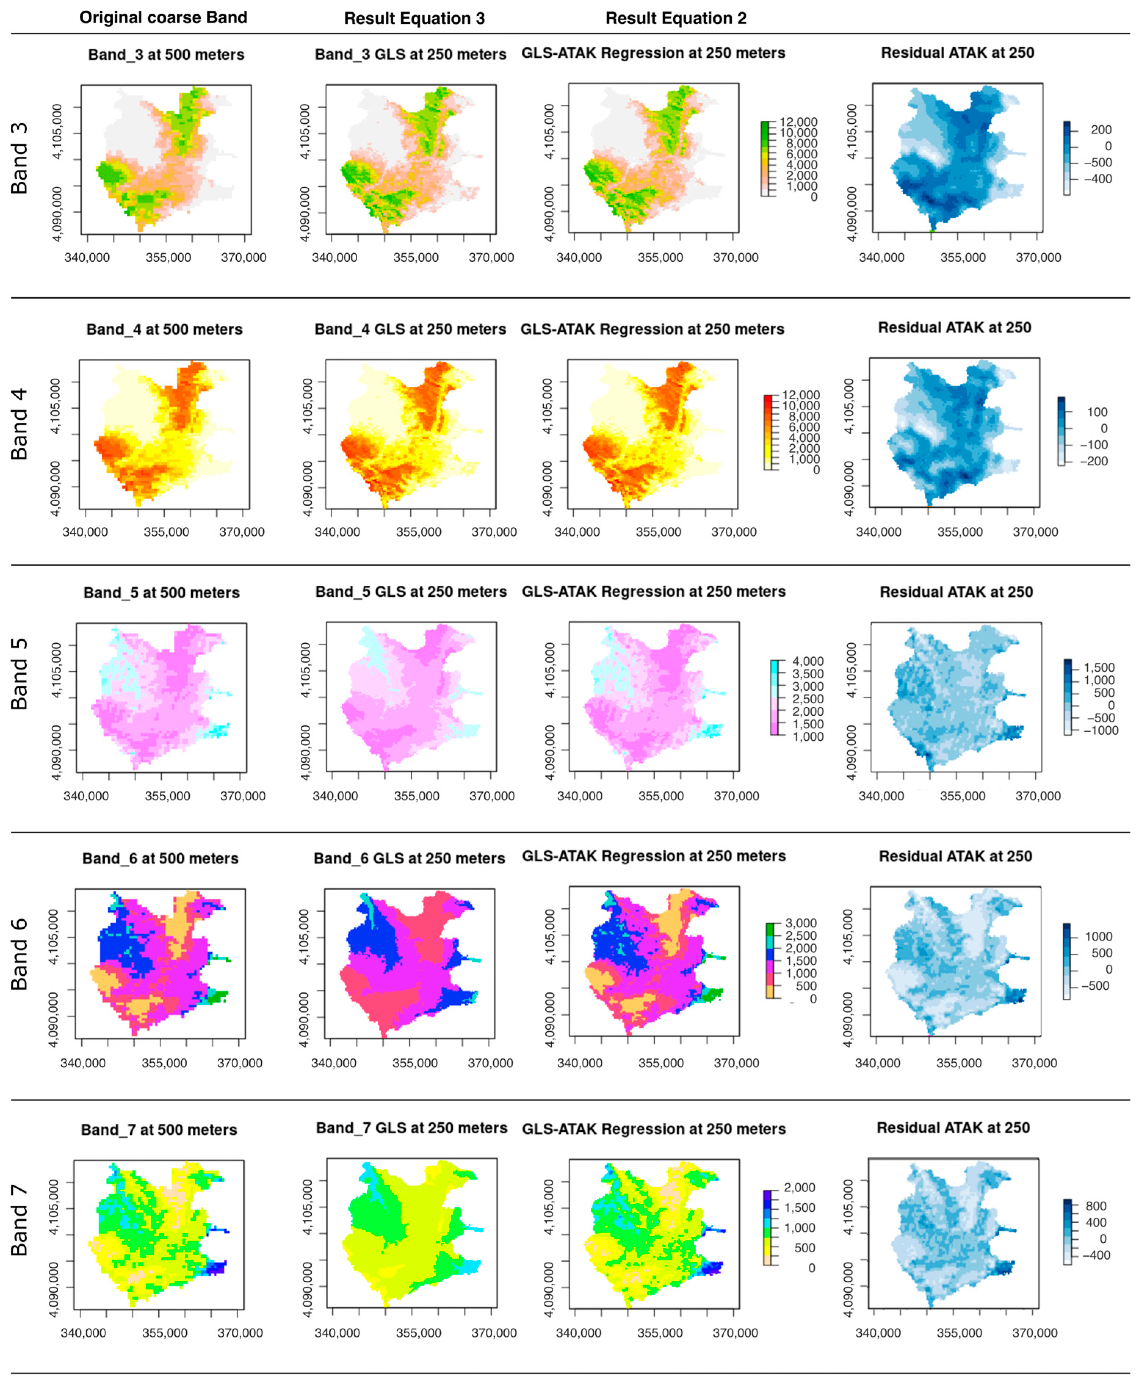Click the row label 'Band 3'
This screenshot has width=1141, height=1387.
(x=20, y=158)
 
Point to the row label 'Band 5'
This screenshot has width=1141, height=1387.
(x=20, y=674)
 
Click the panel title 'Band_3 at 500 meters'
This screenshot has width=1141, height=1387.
(x=166, y=55)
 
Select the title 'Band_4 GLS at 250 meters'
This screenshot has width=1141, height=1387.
(x=410, y=329)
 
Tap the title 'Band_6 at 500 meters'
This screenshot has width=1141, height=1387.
(x=160, y=859)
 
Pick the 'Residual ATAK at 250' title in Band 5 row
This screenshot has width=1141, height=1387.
(x=956, y=592)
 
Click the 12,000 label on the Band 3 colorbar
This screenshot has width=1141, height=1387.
(x=798, y=122)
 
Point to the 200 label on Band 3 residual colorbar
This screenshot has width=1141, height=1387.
(x=1101, y=130)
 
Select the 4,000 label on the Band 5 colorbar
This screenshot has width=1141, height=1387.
(x=808, y=661)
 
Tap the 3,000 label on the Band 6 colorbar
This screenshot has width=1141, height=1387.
(x=801, y=924)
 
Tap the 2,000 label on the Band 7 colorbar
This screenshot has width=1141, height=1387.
(x=799, y=1188)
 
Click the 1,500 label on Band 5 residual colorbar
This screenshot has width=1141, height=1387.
(x=1099, y=668)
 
